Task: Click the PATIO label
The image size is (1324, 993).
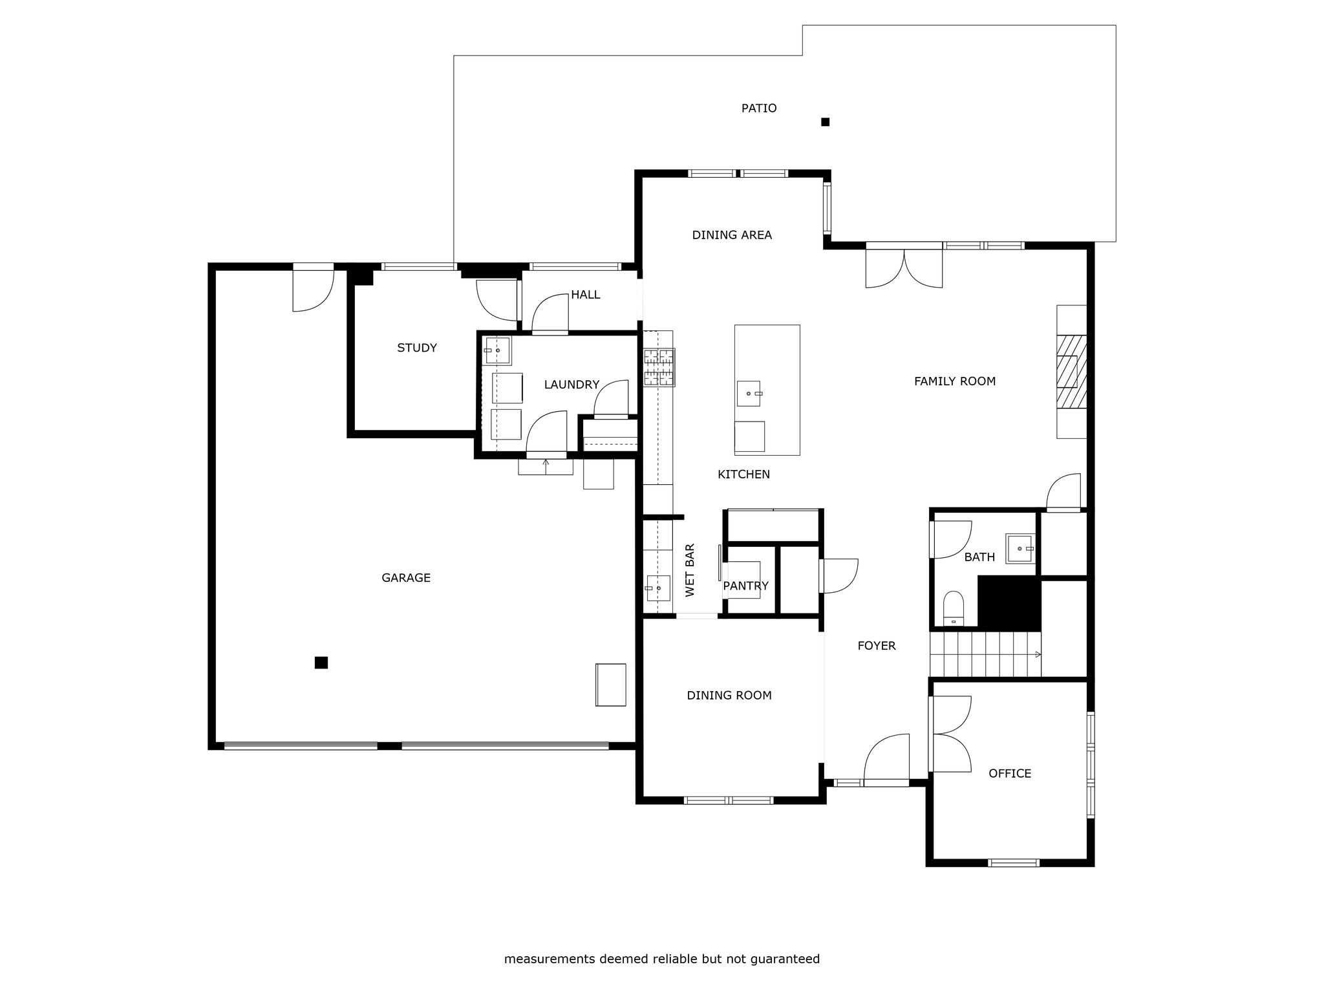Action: pos(759,108)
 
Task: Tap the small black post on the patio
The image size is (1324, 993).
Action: pos(825,122)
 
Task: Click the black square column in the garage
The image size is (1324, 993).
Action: pos(321,662)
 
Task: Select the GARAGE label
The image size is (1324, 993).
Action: pos(406,578)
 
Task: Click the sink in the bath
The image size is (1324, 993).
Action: pos(1020,548)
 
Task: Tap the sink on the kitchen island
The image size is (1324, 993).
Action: pos(750,393)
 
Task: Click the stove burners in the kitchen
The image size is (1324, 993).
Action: pos(659,367)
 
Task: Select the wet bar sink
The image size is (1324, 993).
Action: pos(658,588)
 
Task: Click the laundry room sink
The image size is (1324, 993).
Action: pos(498,350)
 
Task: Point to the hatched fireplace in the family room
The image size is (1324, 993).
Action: pos(1071,371)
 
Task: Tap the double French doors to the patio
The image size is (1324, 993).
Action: pos(904,264)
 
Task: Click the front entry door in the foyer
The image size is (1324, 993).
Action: pos(886,760)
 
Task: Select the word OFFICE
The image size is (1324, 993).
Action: pos(1010,773)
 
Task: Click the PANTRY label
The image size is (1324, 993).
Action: pos(745,586)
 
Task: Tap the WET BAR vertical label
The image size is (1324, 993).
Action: pos(690,570)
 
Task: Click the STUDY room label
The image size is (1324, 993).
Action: pos(417,348)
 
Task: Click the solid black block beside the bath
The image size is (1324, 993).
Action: pos(1009,603)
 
